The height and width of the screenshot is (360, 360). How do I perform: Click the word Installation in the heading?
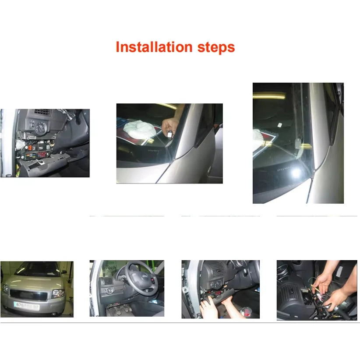point(154,47)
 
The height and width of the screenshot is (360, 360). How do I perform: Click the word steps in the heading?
point(216,48)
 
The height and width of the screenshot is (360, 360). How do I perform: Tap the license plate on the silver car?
point(27,304)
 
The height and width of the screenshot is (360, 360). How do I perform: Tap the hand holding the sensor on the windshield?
point(170,127)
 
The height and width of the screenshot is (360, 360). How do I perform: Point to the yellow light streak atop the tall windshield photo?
point(269,95)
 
